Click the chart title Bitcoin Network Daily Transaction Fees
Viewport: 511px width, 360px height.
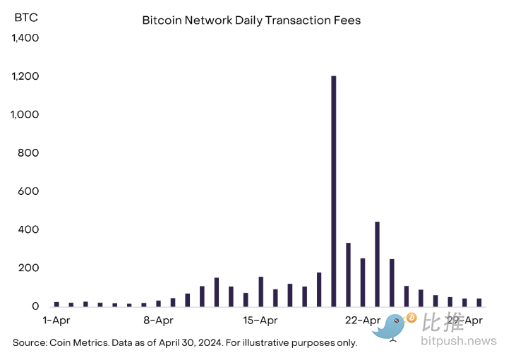click(251, 20)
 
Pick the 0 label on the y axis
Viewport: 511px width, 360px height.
click(35, 306)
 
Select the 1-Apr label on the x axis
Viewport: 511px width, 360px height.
click(56, 320)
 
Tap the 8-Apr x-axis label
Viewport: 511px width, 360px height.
click(158, 320)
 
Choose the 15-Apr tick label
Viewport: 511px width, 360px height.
click(260, 320)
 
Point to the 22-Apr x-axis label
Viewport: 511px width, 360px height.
click(362, 320)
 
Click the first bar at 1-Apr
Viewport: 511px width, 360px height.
click(56, 304)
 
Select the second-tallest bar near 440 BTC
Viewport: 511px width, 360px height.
click(377, 264)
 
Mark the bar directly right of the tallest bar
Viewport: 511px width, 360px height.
click(348, 275)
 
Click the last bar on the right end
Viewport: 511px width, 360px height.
click(479, 302)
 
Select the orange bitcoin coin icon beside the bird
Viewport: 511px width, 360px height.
click(411, 318)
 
